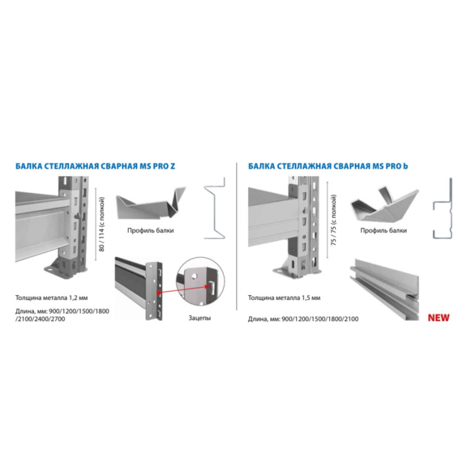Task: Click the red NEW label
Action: pos(439,317)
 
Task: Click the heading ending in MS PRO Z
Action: pos(95,166)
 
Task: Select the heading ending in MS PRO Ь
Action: pos(328,166)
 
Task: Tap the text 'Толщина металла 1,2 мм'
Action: pos(52,298)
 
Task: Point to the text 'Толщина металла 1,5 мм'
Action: pos(284,298)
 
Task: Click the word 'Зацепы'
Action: pos(200,318)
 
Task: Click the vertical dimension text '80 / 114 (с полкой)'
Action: pos(101,224)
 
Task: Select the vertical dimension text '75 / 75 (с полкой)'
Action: pos(333,220)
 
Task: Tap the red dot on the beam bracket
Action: pos(158,292)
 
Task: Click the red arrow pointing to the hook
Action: pos(184,289)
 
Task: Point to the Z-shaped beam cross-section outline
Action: pos(214,208)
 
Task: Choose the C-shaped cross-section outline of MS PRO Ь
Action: pos(443,208)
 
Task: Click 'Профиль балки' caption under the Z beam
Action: pos(151,230)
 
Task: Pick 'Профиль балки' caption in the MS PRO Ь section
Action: pos(384,230)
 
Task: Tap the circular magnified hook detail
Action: pos(200,281)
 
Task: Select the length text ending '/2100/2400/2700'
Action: pos(62,315)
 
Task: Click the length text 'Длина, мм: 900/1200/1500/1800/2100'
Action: pos(303,319)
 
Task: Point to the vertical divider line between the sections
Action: pos(237,237)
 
